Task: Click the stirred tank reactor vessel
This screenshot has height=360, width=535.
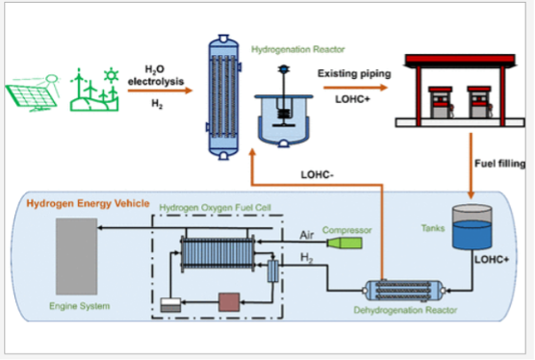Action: click(x=282, y=117)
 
